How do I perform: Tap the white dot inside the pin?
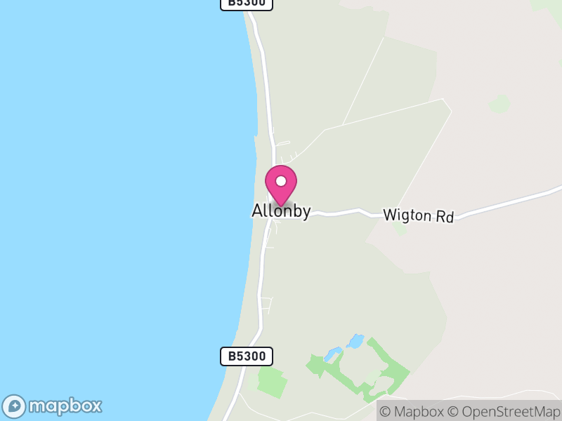281,181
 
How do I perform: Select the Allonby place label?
281,211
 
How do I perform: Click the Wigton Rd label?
418,215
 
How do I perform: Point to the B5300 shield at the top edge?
247,4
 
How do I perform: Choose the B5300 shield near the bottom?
247,356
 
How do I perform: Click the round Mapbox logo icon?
14,406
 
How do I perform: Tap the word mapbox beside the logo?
65,406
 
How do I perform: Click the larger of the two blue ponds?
355,342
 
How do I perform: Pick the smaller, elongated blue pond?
334,353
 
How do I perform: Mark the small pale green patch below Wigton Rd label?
400,229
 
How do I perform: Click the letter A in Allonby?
257,211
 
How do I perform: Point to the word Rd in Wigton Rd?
444,217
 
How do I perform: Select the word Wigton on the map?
407,215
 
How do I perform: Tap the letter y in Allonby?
306,213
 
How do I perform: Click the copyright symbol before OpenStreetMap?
454,412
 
